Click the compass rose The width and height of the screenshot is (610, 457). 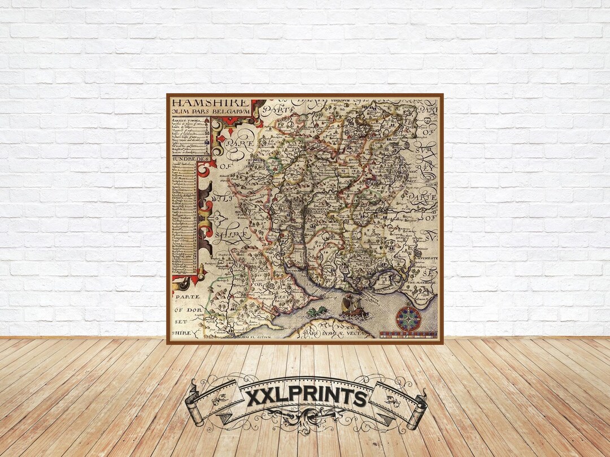pos(408,319)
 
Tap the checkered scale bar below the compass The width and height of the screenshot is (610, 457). pos(408,335)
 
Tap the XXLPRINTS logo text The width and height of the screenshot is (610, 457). pos(306,397)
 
